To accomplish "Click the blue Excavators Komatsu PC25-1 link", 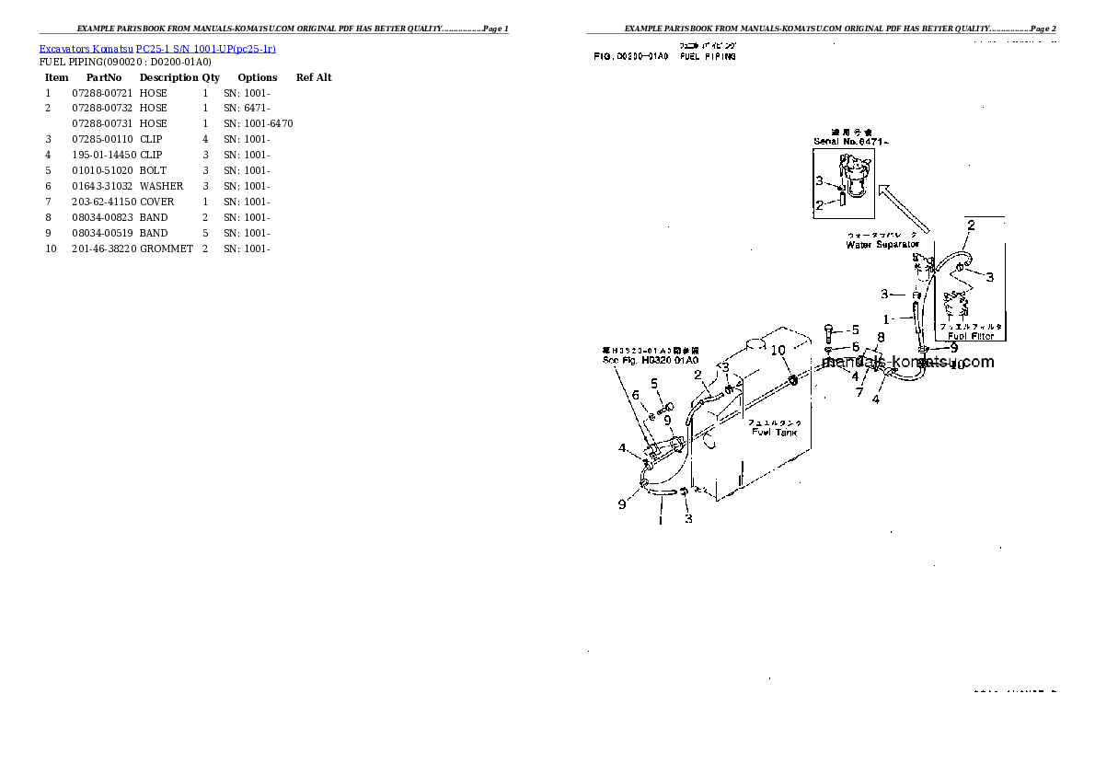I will (x=157, y=48).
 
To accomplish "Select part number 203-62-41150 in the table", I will (x=104, y=202).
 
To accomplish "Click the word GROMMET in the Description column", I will (x=167, y=249).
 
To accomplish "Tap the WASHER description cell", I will (x=162, y=186).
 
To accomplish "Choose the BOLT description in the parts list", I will (x=154, y=170).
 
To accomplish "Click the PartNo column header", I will (x=104, y=77).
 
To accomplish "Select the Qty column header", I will (x=211, y=77).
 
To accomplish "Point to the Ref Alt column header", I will (x=314, y=77).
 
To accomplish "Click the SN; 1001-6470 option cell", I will (x=259, y=123).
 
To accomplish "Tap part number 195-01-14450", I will (x=104, y=155).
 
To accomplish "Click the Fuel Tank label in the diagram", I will (x=774, y=432).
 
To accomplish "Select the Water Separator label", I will (x=882, y=245).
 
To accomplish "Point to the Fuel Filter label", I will (x=970, y=336).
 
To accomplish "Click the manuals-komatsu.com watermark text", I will (x=908, y=362).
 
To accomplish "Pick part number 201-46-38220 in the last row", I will (x=104, y=249).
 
